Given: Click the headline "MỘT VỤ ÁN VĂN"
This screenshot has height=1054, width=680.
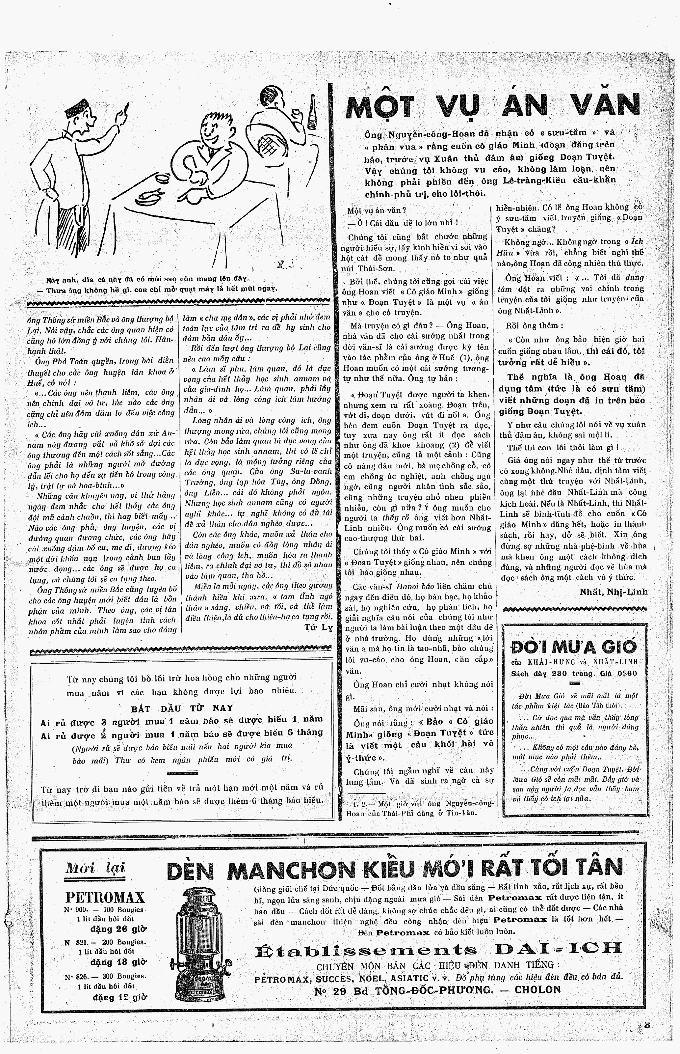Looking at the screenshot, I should point(492,106).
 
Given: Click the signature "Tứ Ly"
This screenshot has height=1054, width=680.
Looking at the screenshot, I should point(318,627).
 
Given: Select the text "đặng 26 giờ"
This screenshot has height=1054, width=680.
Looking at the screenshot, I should point(119,928).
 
